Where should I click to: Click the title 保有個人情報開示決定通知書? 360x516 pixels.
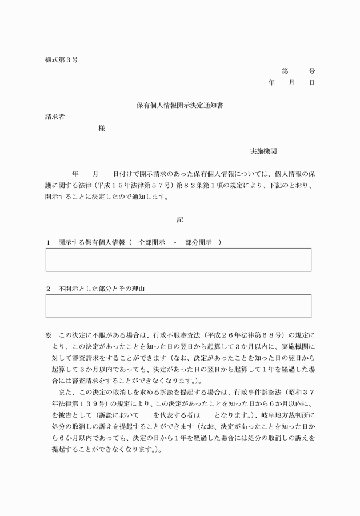click(179, 106)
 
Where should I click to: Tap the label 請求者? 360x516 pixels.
click(55, 117)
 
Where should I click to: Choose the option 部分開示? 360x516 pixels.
click(198, 242)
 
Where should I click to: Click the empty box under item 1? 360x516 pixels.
click(178, 260)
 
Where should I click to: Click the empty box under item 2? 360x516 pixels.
click(178, 306)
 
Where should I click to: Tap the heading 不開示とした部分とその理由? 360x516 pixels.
click(102, 289)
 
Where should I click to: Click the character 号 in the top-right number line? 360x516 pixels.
click(311, 71)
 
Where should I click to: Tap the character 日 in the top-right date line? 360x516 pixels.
click(311, 83)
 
